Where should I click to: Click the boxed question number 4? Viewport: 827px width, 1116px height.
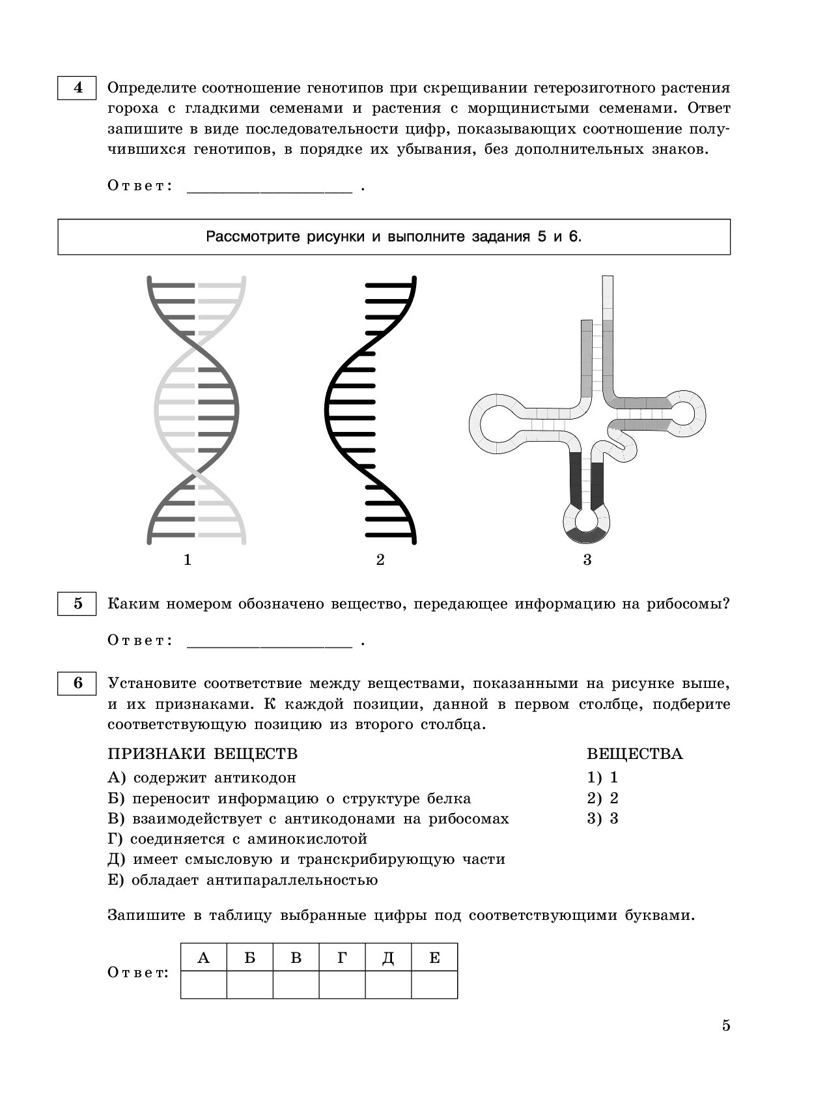tap(77, 88)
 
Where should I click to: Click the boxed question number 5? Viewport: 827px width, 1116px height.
tap(77, 604)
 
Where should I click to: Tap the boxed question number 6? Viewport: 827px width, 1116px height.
tap(77, 683)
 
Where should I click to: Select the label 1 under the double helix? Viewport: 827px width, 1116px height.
tap(188, 560)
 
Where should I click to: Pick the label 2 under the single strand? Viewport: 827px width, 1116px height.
tap(380, 560)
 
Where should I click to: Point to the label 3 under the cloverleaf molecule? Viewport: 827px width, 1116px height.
tap(587, 560)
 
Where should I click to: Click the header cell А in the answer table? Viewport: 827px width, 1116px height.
tap(204, 958)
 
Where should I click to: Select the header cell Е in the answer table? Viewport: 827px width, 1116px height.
tap(434, 958)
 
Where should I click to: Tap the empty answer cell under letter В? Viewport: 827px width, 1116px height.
tap(296, 984)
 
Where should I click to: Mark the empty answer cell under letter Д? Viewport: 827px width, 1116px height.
tap(388, 984)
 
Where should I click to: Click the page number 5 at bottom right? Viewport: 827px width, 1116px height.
tap(726, 1025)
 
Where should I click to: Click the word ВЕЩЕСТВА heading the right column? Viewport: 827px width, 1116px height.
tap(634, 754)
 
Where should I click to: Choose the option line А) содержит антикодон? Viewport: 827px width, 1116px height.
tap(202, 778)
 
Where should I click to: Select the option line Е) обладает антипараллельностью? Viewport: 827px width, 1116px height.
tap(243, 881)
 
